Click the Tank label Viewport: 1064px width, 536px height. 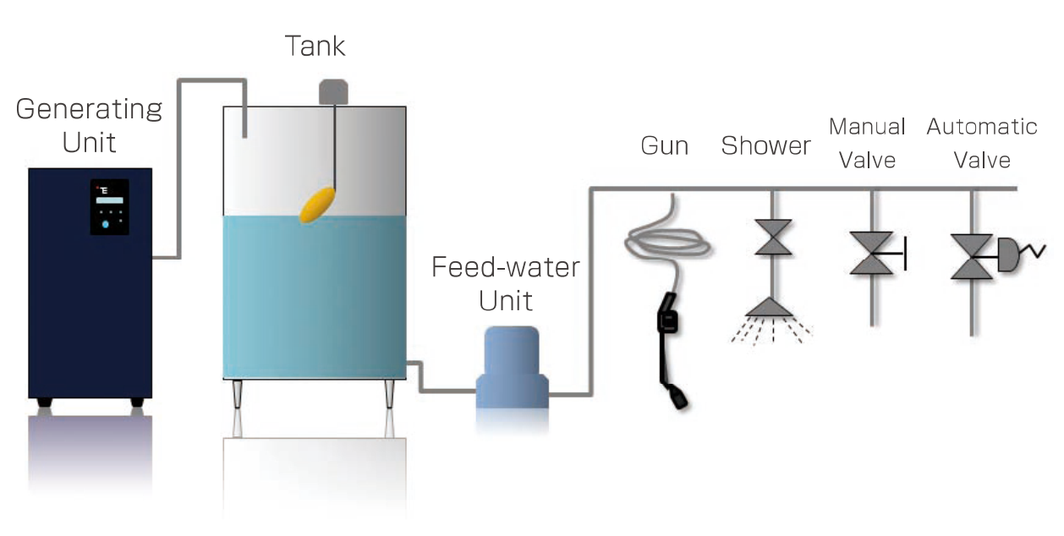(315, 46)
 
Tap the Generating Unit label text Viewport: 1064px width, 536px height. (89, 124)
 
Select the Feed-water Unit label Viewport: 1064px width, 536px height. (506, 283)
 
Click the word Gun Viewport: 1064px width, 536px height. (665, 145)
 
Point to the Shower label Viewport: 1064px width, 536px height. (765, 145)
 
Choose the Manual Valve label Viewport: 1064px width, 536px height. (867, 142)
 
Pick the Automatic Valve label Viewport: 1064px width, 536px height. (981, 142)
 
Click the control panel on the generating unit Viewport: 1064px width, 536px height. (109, 205)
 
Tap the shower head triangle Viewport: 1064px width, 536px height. (771, 307)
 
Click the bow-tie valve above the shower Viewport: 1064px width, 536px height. (772, 238)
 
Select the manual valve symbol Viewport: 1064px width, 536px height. (874, 253)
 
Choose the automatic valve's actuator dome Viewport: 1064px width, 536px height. (1010, 254)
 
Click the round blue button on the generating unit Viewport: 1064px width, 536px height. (105, 225)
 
